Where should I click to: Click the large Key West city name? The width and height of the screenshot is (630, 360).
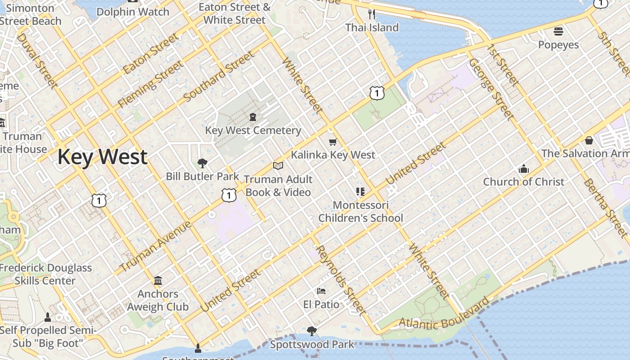tap(102, 157)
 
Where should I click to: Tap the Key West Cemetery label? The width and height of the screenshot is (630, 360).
tap(253, 130)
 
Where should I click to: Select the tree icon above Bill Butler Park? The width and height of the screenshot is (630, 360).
tap(202, 163)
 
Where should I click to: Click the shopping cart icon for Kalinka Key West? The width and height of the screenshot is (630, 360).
tap(333, 142)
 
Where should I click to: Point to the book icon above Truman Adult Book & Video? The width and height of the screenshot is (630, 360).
tap(278, 166)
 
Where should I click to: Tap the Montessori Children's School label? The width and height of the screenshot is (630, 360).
tap(360, 211)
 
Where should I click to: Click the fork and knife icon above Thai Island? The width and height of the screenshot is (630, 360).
tap(372, 14)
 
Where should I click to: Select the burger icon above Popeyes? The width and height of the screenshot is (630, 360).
tap(558, 31)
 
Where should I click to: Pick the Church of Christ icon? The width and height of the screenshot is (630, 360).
tap(523, 169)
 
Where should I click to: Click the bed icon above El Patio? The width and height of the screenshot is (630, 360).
tap(321, 291)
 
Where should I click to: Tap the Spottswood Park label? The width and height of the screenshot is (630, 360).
tap(312, 345)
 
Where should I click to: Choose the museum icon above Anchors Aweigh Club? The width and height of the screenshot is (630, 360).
tap(158, 281)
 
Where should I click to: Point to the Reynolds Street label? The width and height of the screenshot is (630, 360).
tap(340, 280)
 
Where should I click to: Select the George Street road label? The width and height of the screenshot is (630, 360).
tap(491, 89)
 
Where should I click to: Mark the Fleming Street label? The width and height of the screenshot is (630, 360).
tap(151, 85)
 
